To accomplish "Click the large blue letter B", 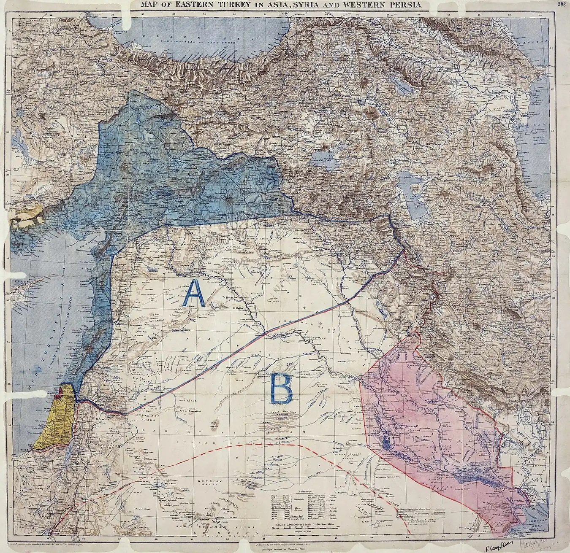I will point(280,388).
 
